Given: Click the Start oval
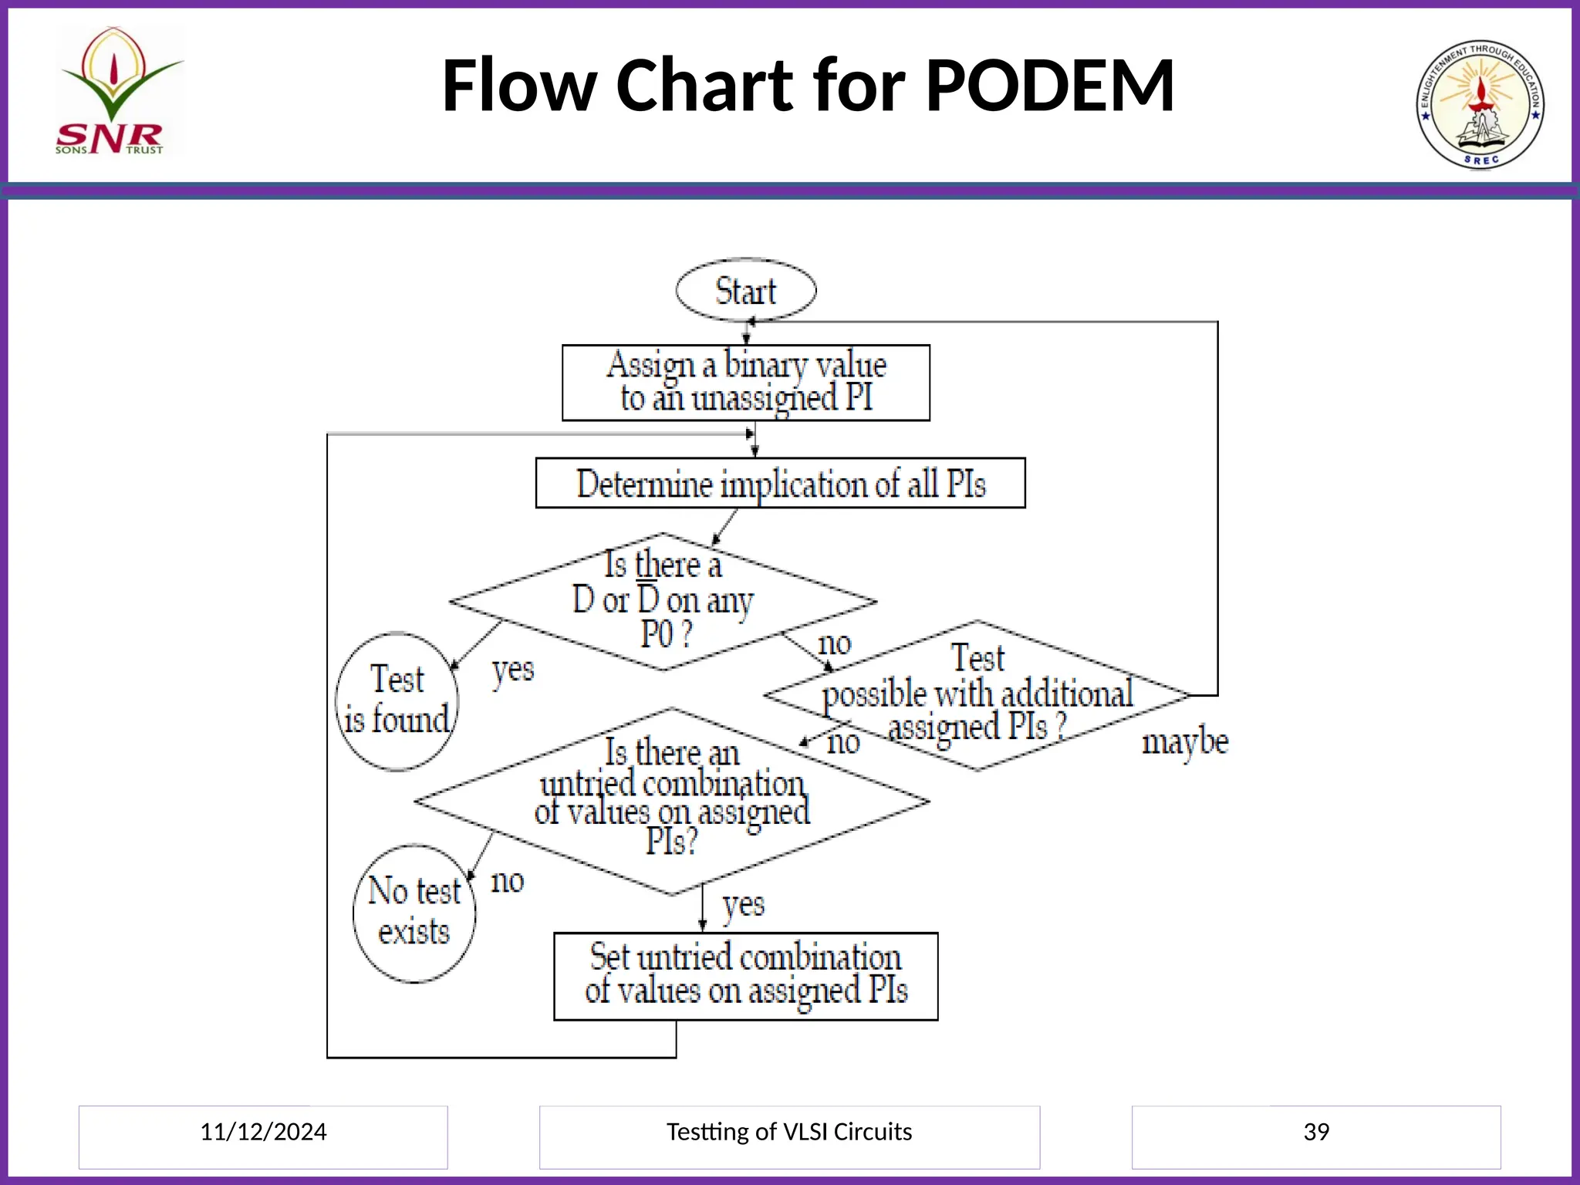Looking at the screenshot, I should click(x=745, y=291).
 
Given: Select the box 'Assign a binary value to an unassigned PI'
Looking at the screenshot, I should click(x=745, y=383).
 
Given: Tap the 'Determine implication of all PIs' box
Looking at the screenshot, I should click(x=780, y=484).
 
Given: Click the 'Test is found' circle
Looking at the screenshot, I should click(x=397, y=701).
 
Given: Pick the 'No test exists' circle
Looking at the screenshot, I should click(x=414, y=913).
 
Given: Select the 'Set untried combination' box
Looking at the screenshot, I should click(x=745, y=976).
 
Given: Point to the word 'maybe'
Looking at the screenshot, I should click(x=1184, y=742).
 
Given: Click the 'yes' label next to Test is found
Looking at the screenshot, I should click(x=513, y=670).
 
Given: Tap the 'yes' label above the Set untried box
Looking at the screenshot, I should click(x=743, y=905).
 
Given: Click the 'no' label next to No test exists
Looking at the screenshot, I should click(x=507, y=881).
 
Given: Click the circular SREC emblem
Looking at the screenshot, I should click(x=1480, y=105).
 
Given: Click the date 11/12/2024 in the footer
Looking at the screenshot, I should click(x=263, y=1132).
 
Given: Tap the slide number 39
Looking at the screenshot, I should click(x=1316, y=1132).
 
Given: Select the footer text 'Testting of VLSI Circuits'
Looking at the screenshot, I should click(x=788, y=1132).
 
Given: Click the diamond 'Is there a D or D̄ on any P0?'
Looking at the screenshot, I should click(x=663, y=601).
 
